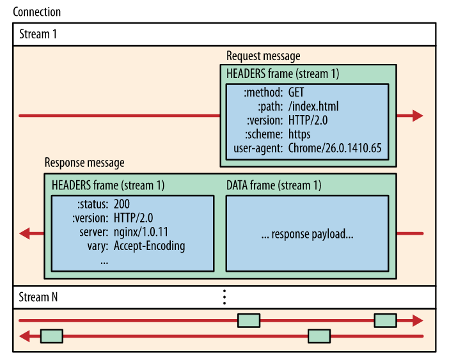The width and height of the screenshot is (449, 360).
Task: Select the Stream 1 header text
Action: pyautogui.click(x=38, y=34)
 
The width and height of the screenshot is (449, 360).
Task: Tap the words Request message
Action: pyautogui.click(x=263, y=56)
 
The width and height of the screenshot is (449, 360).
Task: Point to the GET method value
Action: pyautogui.click(x=296, y=92)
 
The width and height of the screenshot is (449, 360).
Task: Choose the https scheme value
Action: pyautogui.click(x=299, y=134)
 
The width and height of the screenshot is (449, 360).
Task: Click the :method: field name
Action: pyautogui.click(x=263, y=92)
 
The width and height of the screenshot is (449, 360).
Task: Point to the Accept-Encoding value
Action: pyautogui.click(x=149, y=246)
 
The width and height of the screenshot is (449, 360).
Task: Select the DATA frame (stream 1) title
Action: pyautogui.click(x=274, y=185)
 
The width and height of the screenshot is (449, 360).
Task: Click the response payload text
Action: pyautogui.click(x=308, y=234)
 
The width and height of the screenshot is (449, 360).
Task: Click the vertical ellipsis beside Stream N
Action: pyautogui.click(x=224, y=297)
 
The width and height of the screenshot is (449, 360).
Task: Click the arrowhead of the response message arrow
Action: pyautogui.click(x=25, y=233)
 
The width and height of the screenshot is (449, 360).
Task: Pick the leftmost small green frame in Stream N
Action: pyautogui.click(x=51, y=336)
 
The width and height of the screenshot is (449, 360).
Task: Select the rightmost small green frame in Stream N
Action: pyautogui.click(x=385, y=320)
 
